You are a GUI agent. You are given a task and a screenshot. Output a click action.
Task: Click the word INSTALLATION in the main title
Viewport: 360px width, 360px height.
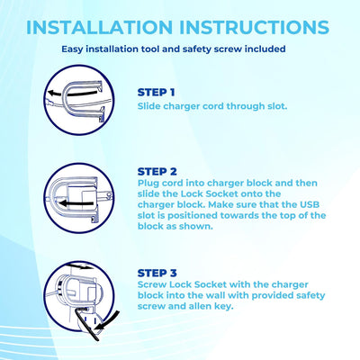click(x=99, y=27)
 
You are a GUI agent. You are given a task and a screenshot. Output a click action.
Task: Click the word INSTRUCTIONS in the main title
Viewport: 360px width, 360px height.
click(x=255, y=27)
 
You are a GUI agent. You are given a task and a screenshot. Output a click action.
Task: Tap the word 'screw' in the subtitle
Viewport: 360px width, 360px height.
click(x=228, y=49)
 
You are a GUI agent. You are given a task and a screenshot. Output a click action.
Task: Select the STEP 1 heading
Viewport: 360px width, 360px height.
click(x=156, y=93)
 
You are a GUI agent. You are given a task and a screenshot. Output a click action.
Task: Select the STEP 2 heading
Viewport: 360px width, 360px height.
click(x=157, y=172)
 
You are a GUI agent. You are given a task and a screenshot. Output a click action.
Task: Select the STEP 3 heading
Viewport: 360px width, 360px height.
click(x=157, y=273)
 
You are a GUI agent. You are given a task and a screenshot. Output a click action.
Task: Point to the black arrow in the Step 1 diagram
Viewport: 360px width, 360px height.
click(x=74, y=93)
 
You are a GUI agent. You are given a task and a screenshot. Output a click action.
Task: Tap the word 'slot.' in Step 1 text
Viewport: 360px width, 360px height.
click(x=277, y=106)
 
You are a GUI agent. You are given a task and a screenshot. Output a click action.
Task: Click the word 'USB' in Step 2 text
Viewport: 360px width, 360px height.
click(x=310, y=204)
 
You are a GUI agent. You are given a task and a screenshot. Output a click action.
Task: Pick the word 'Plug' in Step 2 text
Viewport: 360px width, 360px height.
click(x=148, y=184)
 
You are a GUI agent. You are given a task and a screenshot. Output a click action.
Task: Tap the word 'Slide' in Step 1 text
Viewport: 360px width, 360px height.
click(x=149, y=106)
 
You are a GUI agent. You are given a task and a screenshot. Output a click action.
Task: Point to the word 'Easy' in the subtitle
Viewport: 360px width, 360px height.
click(x=72, y=49)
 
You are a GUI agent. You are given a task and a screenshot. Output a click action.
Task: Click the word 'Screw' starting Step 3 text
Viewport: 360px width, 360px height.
click(x=152, y=284)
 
